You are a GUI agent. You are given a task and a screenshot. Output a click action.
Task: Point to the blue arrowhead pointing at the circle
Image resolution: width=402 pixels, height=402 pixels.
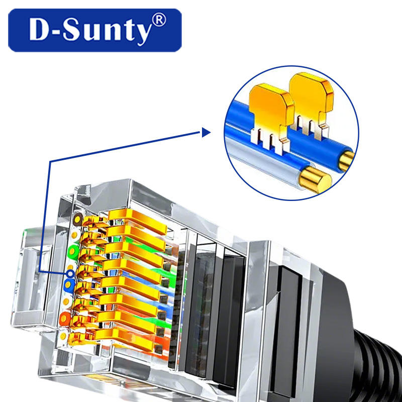(x=205, y=133)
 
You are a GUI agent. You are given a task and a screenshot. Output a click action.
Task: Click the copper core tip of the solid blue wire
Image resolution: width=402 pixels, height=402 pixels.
(x=346, y=160)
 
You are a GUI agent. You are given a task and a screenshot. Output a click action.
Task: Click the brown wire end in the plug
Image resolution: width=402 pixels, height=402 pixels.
(x=78, y=219)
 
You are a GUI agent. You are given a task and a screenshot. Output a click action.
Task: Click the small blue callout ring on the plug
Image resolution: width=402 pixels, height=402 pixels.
(x=71, y=274)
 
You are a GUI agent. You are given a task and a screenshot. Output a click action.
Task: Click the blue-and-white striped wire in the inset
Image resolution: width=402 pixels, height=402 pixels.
(x=271, y=161)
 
